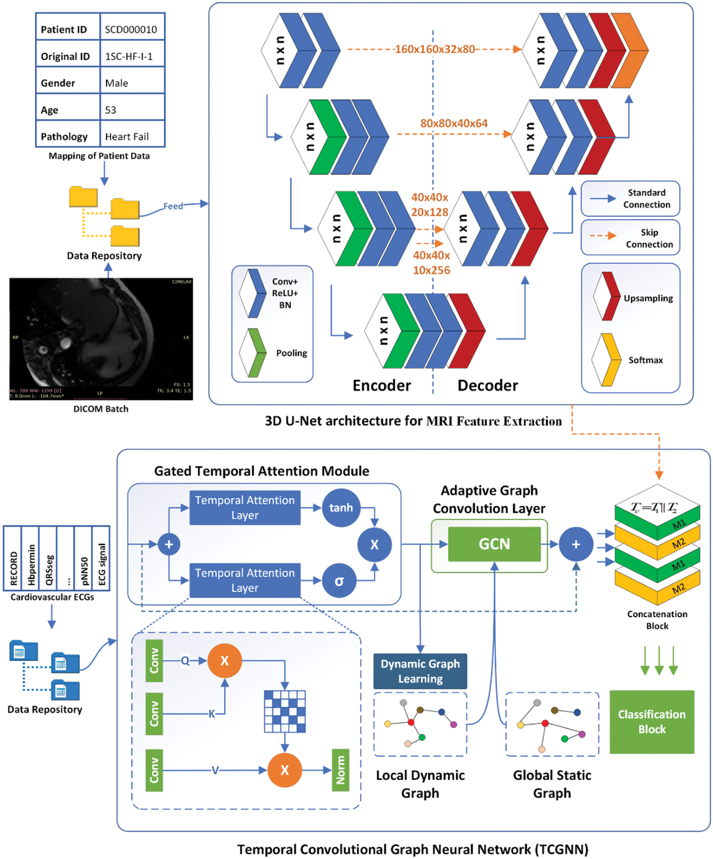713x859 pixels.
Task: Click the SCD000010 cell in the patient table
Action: pos(131,29)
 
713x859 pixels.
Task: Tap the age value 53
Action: pos(110,110)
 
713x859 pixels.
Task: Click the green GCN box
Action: pos(494,544)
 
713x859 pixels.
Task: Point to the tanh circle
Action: pos(341,508)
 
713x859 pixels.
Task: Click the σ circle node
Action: pos(339,581)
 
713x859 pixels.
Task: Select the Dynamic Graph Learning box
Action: pos(420,671)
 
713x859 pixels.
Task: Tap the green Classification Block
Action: pos(651,722)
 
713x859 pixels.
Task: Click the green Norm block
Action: pos(340,770)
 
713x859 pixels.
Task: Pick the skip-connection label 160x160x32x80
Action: pos(435,49)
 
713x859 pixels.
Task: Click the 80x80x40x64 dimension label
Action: pos(454,123)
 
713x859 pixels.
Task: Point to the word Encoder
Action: pos(382,385)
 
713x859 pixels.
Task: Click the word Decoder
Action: pos(487,385)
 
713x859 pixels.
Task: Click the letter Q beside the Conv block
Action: pos(185,660)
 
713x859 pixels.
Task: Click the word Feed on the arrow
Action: pos(173,206)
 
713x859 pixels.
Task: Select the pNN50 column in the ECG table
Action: pos(83,558)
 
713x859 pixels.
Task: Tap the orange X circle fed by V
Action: pos(285,770)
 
